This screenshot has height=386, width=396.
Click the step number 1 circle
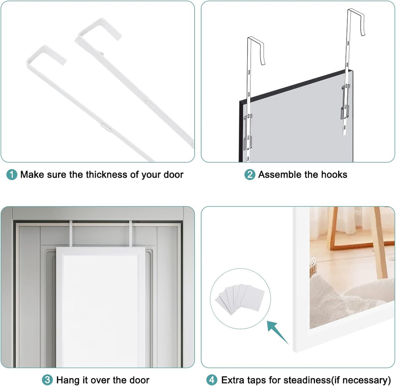click(x=12, y=175)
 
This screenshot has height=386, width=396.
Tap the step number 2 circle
click(x=250, y=175)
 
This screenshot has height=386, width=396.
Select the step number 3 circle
click(x=47, y=380)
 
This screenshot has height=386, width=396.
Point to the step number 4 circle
click(x=212, y=380)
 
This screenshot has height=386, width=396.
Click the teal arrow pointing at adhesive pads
click(x=278, y=332)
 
